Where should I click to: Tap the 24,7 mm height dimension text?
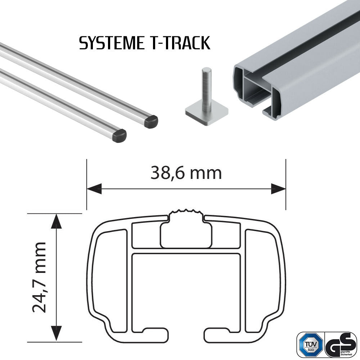coord(39,277)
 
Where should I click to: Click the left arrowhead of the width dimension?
coord(94,188)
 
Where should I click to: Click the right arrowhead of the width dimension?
coord(278,188)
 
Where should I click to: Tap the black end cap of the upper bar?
coord(151,121)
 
